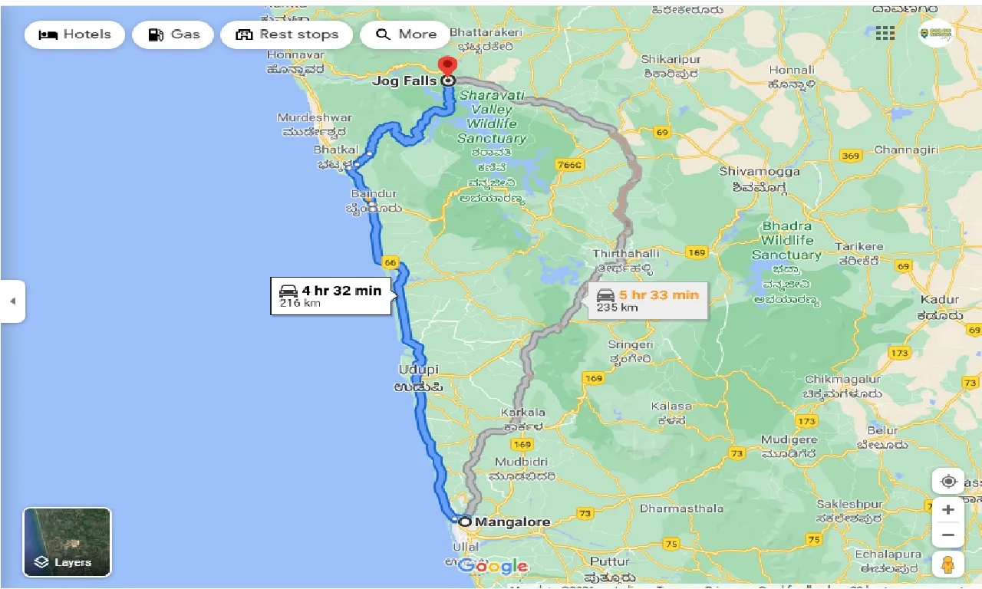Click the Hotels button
(x=74, y=35)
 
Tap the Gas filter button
(x=173, y=35)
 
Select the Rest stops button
(x=287, y=35)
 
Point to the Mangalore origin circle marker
(x=465, y=522)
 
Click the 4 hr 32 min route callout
(x=331, y=296)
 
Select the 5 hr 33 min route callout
(x=648, y=300)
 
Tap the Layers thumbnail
(x=68, y=541)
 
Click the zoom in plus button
(x=948, y=510)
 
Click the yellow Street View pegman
(x=948, y=564)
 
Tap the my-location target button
(x=948, y=482)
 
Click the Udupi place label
(x=419, y=370)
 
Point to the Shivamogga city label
(x=759, y=171)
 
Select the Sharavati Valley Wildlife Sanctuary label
(x=492, y=117)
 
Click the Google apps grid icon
(x=885, y=33)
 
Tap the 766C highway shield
(x=570, y=165)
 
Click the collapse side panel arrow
(x=12, y=301)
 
